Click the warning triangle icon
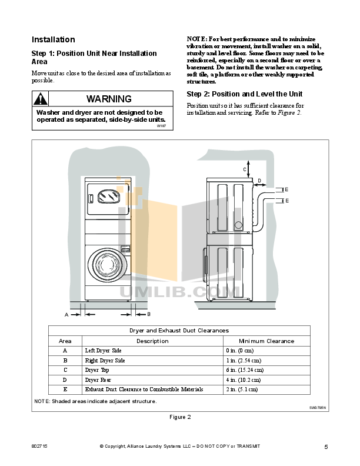coord(39,99)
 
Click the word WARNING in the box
coord(109,99)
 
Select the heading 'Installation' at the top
coord(53,40)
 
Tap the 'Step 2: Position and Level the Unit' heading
coord(245,94)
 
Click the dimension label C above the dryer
coord(245,169)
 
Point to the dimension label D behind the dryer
coord(259,181)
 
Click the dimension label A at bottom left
coord(66,315)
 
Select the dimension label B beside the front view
coord(149,315)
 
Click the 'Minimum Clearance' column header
coord(266,341)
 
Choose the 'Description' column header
coord(152,341)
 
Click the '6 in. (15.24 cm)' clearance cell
coord(244,370)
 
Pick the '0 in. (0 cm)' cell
coord(239,351)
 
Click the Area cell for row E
coord(65,390)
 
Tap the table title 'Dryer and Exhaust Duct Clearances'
coord(179,331)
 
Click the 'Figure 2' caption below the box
coord(180,417)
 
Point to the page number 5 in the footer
coord(326,447)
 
